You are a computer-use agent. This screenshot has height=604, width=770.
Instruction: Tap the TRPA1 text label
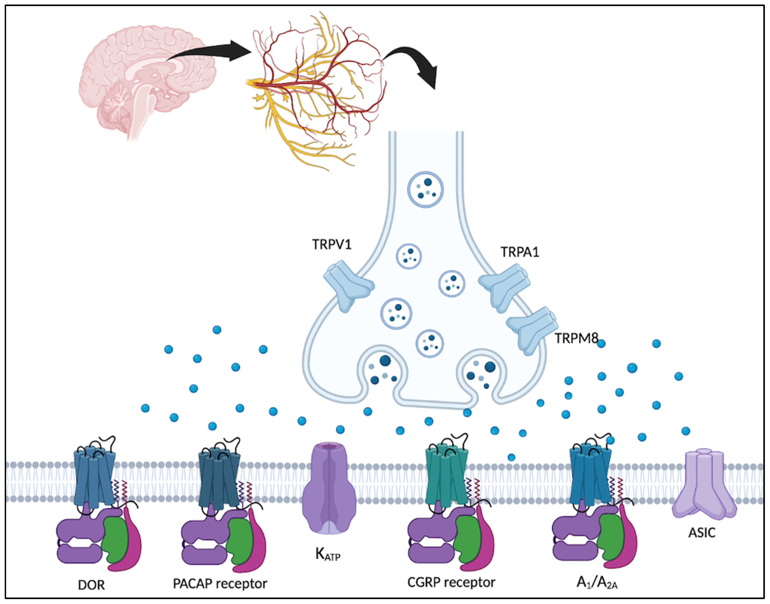520,252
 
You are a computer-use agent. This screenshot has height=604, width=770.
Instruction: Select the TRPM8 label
576,338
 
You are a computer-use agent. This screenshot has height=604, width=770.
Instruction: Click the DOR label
91,585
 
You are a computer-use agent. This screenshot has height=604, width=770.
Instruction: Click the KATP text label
327,555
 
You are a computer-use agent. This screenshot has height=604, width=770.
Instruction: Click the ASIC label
702,533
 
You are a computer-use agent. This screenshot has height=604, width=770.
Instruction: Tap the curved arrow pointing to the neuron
414,64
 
